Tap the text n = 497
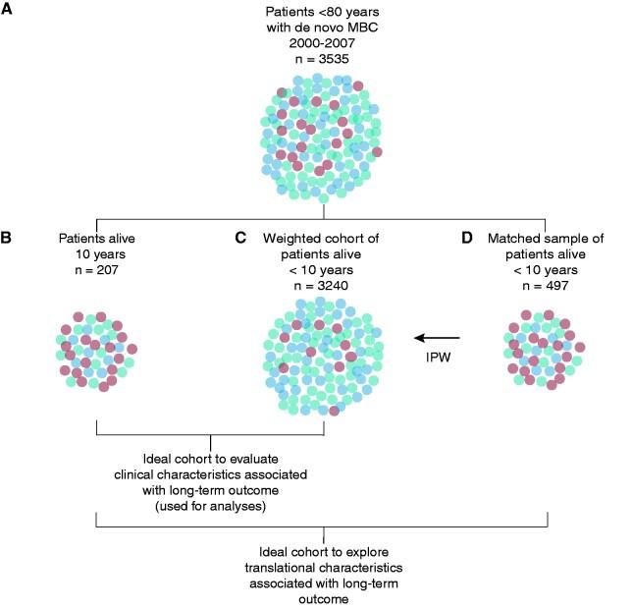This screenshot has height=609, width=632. [544, 285]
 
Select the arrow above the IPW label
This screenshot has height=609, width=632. [439, 338]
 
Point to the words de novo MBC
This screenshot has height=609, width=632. [332, 27]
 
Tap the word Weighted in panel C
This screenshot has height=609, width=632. [292, 238]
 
